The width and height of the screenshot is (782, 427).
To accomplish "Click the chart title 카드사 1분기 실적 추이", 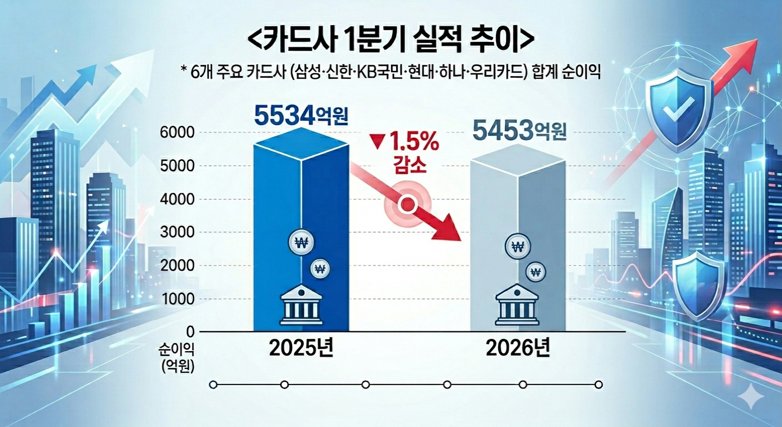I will (390, 41).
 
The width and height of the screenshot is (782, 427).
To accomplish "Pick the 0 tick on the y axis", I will (189, 331).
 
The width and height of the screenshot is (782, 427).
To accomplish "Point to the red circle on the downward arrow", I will (408, 205).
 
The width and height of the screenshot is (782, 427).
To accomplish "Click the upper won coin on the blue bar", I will (302, 243).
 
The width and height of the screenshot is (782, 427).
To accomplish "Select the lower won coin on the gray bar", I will (535, 272).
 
